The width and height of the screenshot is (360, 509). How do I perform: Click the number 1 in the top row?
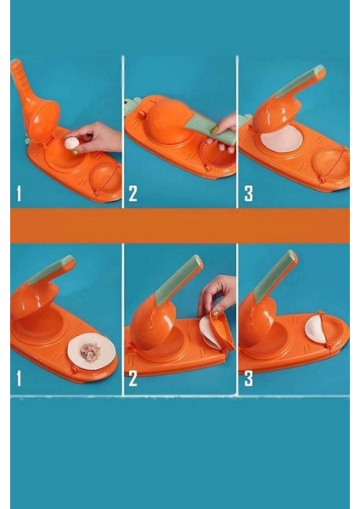pyautogui.click(x=19, y=193)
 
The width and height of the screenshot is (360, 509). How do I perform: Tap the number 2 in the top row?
pyautogui.click(x=133, y=193)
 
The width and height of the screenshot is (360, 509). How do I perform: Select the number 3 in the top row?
pyautogui.click(x=249, y=193)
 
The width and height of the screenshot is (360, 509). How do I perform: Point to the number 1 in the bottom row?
pyautogui.click(x=19, y=378)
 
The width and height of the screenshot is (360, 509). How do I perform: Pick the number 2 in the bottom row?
pyautogui.click(x=133, y=378)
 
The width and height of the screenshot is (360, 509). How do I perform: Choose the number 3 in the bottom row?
pyautogui.click(x=249, y=378)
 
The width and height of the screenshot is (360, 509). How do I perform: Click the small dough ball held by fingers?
pyautogui.click(x=71, y=143)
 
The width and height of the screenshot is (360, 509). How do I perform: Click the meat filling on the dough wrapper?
pyautogui.click(x=90, y=350)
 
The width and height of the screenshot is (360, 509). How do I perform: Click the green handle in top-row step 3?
pyautogui.click(x=298, y=82)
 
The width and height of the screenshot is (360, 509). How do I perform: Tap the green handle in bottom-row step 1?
pyautogui.click(x=53, y=269)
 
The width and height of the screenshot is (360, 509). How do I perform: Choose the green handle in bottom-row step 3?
pyautogui.click(x=276, y=277)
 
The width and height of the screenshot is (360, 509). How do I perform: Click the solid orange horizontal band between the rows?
pyautogui.click(x=180, y=226)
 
